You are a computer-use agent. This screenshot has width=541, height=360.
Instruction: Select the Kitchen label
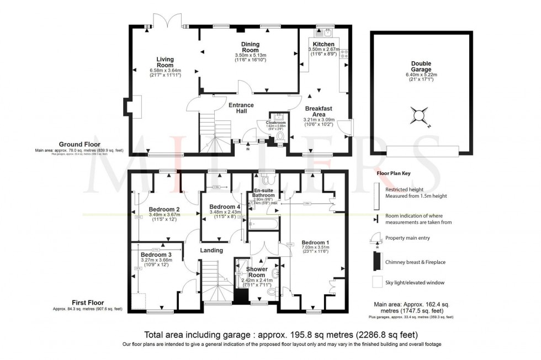tap(323, 44)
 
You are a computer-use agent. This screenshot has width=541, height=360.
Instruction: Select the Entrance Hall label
tap(241, 108)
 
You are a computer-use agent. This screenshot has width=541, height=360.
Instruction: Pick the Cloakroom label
tap(274, 122)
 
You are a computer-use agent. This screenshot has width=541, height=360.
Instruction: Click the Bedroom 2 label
tap(164, 209)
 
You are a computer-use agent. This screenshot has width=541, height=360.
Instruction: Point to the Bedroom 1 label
tap(315, 242)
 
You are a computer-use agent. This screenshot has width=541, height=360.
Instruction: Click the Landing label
tap(211, 250)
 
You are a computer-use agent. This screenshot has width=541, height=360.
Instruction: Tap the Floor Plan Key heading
tap(393, 173)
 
